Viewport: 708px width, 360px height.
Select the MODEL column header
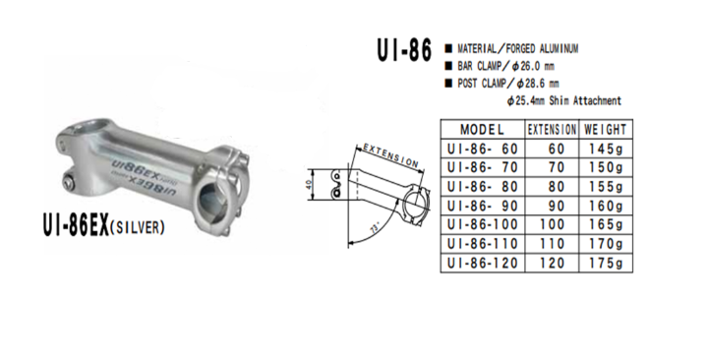482,130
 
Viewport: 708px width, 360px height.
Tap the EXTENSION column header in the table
553,130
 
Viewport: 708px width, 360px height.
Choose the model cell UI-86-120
482,263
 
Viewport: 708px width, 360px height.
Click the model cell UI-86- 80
482,187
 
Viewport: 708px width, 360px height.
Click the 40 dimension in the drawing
308,183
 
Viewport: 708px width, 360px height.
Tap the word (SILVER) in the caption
135,227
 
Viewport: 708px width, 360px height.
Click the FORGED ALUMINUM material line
517,48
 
